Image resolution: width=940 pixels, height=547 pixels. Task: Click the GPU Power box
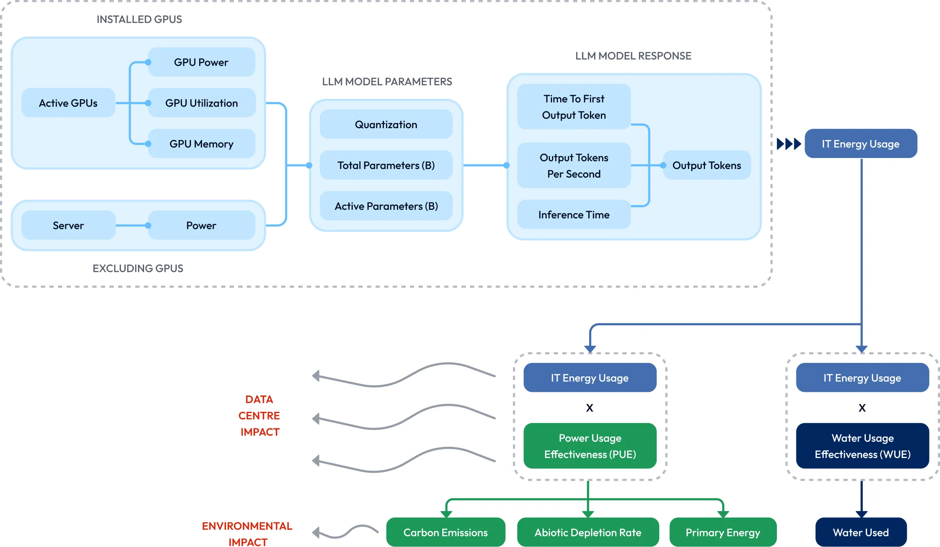point(201,62)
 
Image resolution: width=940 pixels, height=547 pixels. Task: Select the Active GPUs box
point(68,103)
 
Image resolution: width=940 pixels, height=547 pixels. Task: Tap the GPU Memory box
point(201,144)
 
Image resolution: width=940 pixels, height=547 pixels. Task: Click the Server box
point(68,225)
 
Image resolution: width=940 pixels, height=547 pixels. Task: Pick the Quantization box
point(386,125)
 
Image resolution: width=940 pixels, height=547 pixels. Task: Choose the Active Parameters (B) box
point(386,206)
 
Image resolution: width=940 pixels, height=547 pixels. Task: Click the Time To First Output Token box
point(574,107)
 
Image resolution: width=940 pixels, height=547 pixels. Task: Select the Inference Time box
point(574,215)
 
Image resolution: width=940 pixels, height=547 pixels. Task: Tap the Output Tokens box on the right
point(707,165)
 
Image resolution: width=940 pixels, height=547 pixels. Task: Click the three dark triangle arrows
point(789,144)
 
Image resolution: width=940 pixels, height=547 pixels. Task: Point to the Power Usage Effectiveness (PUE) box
point(590,446)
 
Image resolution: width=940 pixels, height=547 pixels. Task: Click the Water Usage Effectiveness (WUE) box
point(862,446)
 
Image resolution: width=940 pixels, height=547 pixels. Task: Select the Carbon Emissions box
point(446,532)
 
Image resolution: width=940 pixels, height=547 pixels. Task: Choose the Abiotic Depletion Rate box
point(588,532)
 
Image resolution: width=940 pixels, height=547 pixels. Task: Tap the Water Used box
point(861,532)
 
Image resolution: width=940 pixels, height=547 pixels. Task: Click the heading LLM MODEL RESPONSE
point(633,56)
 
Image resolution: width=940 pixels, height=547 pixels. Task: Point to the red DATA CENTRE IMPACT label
point(259,416)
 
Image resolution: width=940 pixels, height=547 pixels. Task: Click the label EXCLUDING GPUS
point(138,268)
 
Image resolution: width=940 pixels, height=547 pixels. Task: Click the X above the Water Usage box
point(862,408)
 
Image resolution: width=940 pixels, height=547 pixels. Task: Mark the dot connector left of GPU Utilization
point(149,103)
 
